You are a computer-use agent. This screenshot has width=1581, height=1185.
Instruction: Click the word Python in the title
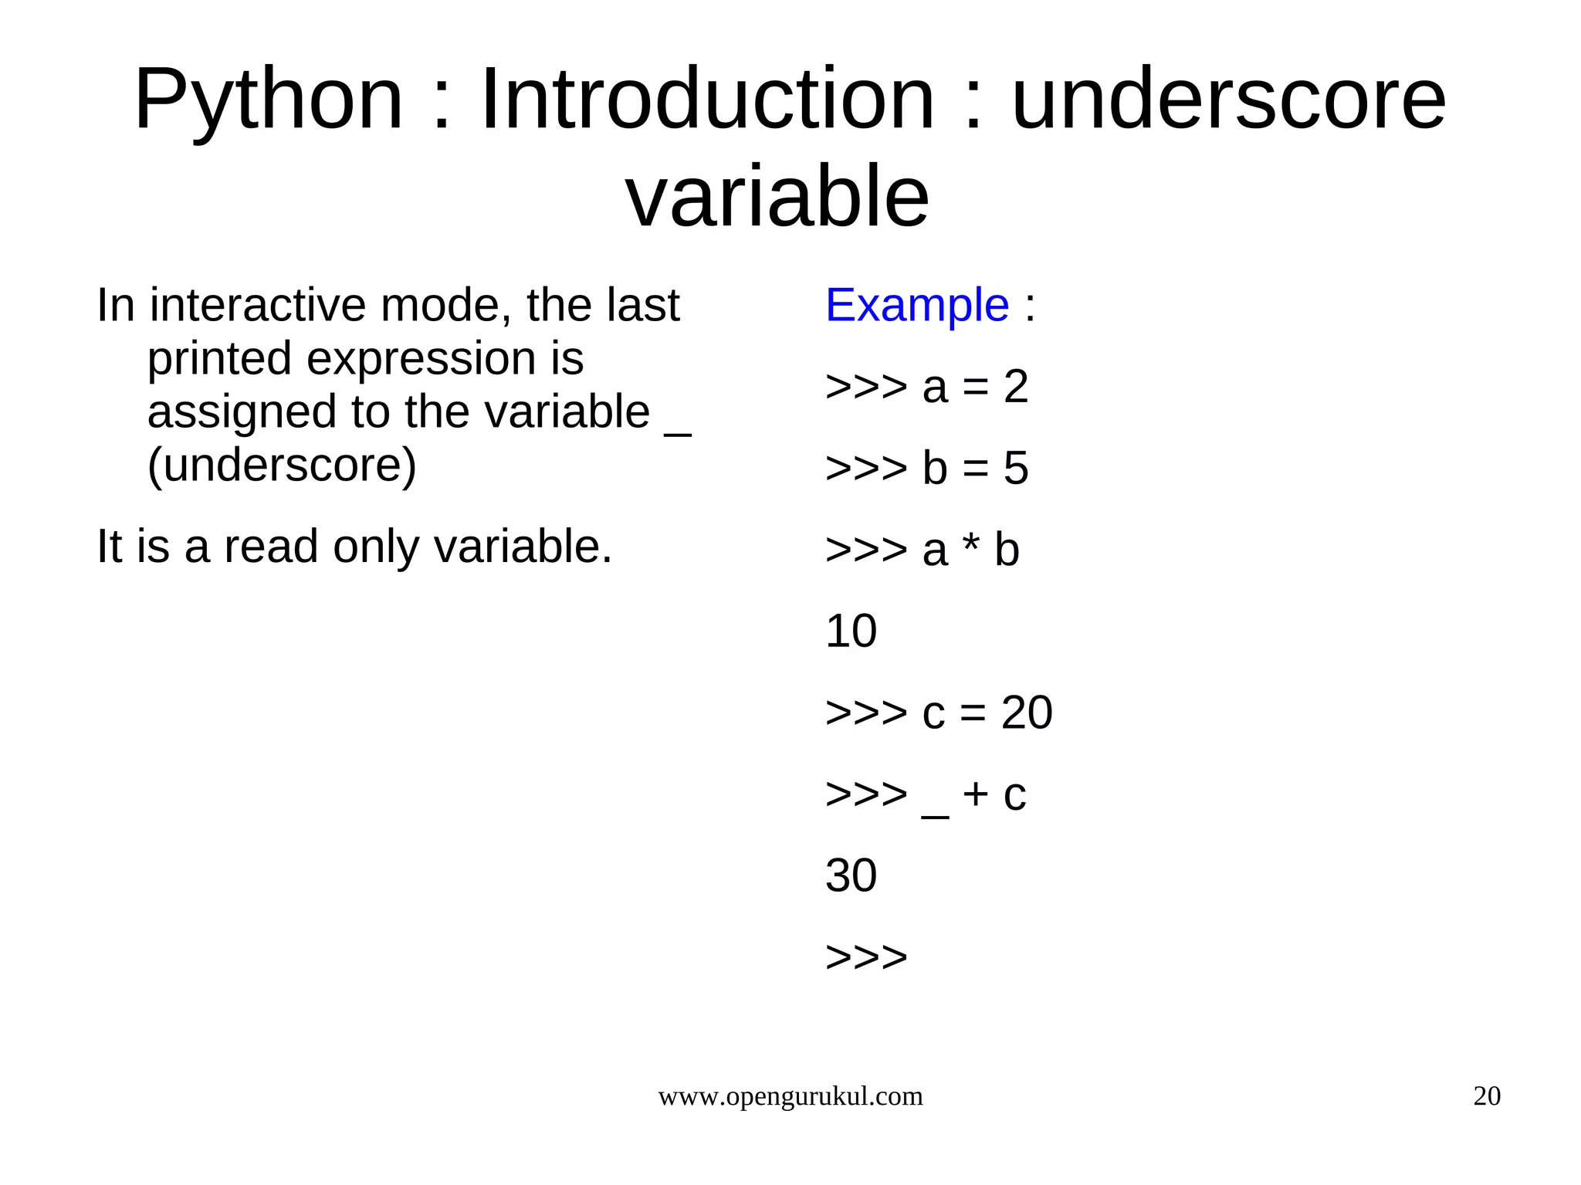click(x=269, y=100)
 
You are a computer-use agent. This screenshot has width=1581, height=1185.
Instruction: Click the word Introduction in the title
click(x=707, y=100)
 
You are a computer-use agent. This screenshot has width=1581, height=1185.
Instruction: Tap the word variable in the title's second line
click(x=777, y=197)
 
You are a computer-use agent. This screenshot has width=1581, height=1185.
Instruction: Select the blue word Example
click(x=917, y=305)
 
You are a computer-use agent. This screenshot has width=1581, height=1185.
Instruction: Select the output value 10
click(x=851, y=631)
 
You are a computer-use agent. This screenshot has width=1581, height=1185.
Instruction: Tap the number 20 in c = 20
click(x=1027, y=713)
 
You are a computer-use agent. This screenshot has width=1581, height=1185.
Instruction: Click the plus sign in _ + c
click(x=976, y=794)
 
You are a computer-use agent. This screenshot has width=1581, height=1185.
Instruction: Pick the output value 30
click(x=851, y=876)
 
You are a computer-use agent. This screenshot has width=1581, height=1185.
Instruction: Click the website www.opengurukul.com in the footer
click(x=790, y=1096)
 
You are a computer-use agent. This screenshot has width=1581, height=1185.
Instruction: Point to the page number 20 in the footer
click(x=1486, y=1096)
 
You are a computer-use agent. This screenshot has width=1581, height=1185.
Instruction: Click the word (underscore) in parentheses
click(x=282, y=466)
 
